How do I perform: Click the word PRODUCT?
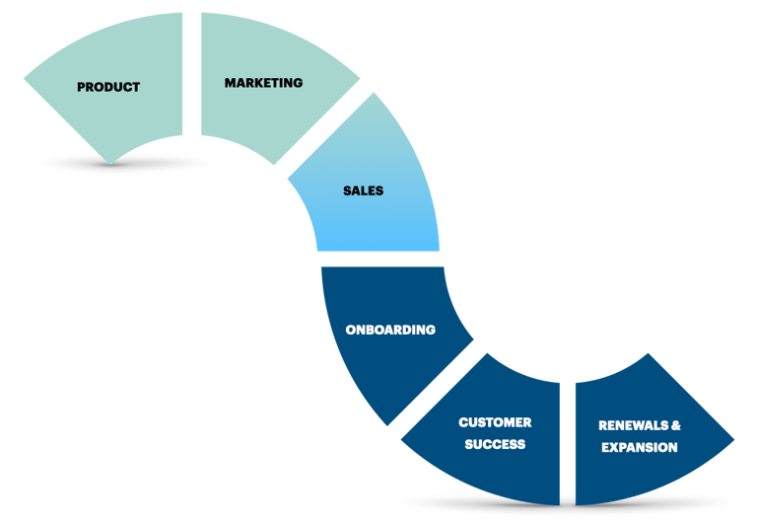click(x=108, y=87)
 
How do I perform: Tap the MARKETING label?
click(x=263, y=83)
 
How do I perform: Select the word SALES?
click(x=363, y=190)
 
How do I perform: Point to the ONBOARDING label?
click(x=390, y=330)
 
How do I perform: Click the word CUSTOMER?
click(x=495, y=422)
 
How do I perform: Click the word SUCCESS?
click(x=494, y=444)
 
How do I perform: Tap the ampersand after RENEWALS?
click(x=675, y=426)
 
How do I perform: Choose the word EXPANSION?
click(x=639, y=448)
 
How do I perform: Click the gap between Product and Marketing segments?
click(x=191, y=74)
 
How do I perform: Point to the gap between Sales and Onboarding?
click(x=379, y=259)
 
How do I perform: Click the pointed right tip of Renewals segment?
click(x=731, y=437)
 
